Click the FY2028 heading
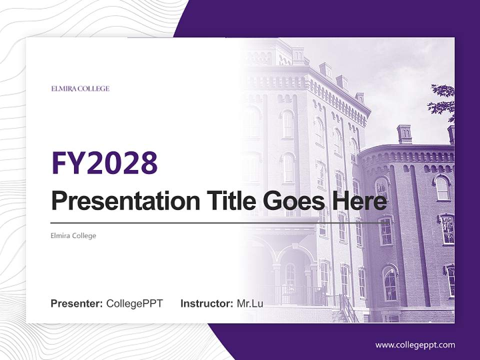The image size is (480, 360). (104, 162)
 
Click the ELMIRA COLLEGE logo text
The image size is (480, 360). (80, 89)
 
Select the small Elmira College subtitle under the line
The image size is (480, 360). (73, 235)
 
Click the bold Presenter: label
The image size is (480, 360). (77, 303)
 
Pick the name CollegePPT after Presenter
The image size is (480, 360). (134, 303)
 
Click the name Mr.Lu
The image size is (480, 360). (250, 303)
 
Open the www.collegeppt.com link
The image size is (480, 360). (415, 345)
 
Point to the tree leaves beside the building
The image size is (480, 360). (442, 100)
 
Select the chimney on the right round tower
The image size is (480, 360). (404, 134)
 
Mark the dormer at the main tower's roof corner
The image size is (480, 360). (359, 98)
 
